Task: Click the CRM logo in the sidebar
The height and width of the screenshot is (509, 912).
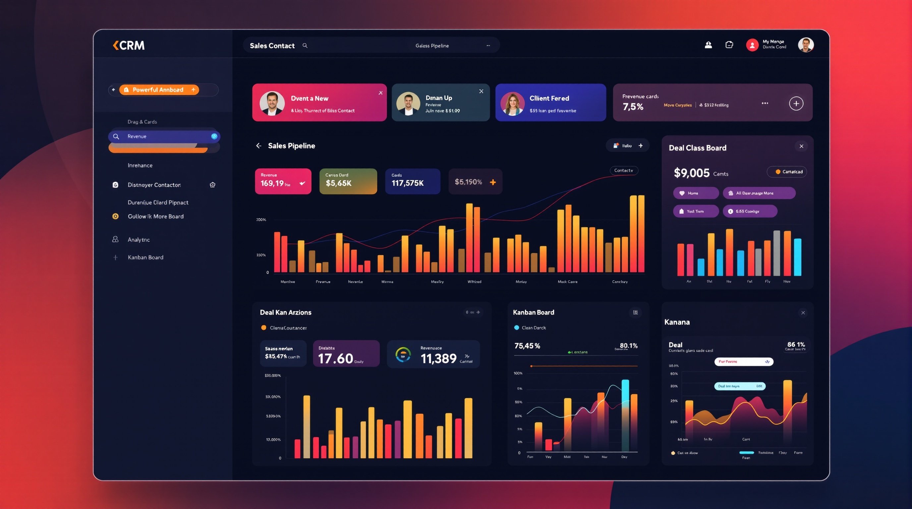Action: point(129,45)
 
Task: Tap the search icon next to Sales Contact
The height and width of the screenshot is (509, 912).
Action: point(305,45)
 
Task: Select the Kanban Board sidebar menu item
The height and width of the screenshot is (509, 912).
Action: point(145,257)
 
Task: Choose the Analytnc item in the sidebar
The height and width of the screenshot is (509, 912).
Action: point(139,240)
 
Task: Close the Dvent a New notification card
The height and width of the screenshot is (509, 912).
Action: point(380,93)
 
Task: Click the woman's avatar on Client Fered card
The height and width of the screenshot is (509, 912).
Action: point(512,104)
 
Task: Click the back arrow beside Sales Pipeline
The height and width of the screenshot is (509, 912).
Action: point(259,146)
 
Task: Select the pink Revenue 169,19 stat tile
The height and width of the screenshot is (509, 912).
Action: point(283,181)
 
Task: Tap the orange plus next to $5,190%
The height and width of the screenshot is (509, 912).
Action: point(493,182)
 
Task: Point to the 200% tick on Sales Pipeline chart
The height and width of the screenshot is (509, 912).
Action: point(261,220)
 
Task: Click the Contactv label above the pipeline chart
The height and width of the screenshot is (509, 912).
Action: point(623,171)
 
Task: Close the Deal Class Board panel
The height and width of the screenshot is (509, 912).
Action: point(801,146)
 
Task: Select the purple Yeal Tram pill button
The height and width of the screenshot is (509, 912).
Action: point(696,211)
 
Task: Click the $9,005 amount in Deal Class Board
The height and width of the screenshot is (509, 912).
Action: point(691,173)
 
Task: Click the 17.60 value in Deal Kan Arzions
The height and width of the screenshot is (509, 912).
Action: point(335,359)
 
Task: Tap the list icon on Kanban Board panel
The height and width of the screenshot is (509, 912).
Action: point(636,312)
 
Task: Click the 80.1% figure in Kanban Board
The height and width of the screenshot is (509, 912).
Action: point(628,346)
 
